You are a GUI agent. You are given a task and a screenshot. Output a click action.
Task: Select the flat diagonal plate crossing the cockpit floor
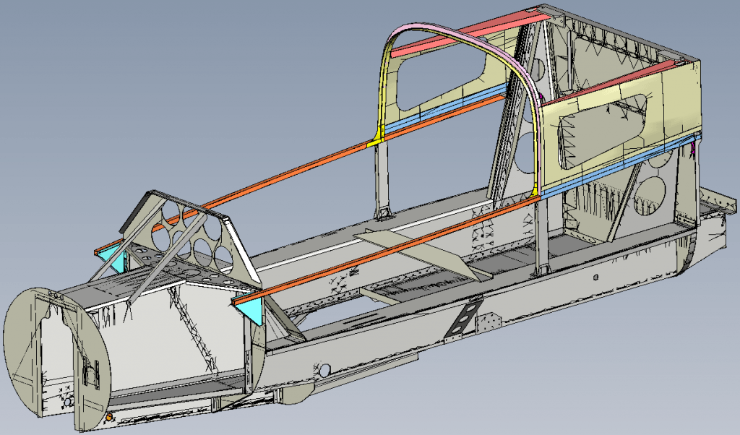pyautogui.click(x=416, y=252)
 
